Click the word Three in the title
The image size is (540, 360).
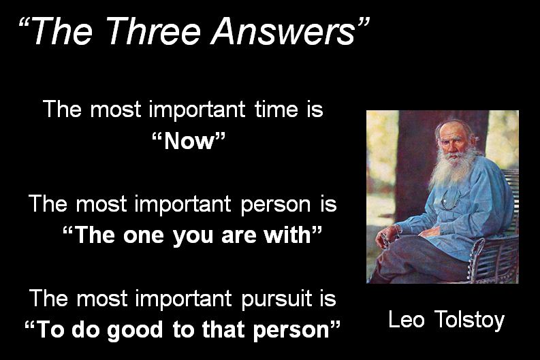click(x=155, y=32)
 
